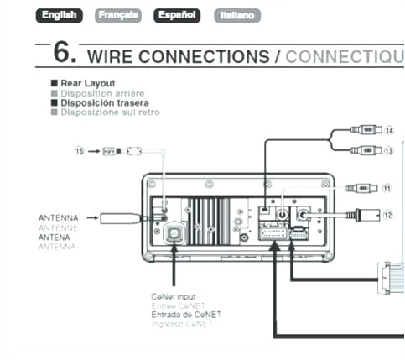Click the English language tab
[63, 15]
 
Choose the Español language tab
[178, 15]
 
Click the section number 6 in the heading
[65, 53]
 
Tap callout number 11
[387, 189]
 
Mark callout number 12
[387, 214]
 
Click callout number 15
[79, 151]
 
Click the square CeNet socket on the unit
[174, 236]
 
